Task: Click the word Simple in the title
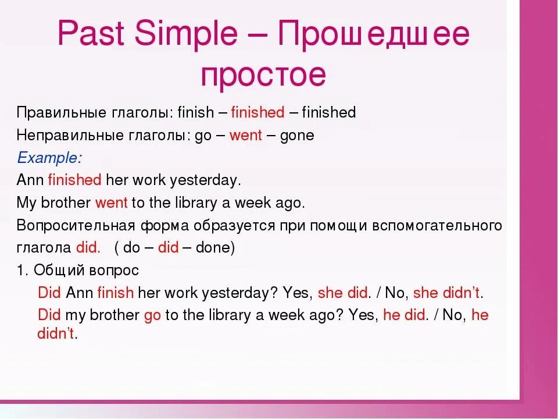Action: click(186, 34)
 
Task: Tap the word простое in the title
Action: click(263, 76)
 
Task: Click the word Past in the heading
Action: click(91, 33)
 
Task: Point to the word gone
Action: click(297, 136)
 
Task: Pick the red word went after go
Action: click(246, 135)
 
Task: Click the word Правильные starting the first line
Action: click(62, 112)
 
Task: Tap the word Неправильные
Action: click(70, 136)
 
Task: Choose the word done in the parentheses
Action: click(213, 247)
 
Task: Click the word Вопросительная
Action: click(76, 226)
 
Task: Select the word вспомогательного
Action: click(437, 226)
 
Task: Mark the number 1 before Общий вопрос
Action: click(21, 271)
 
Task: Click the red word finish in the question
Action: click(116, 293)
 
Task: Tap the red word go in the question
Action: click(152, 316)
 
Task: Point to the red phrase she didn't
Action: click(446, 293)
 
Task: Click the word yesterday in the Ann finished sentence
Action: click(203, 180)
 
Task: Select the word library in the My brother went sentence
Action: click(196, 203)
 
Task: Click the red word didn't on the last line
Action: click(56, 333)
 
